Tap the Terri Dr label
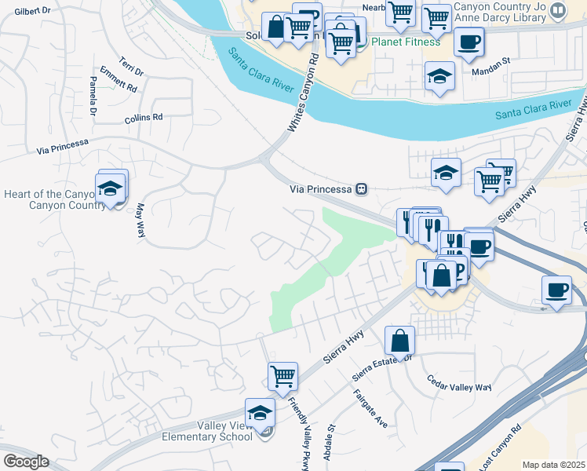click(x=131, y=66)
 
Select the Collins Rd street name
click(x=143, y=118)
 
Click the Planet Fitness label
click(x=406, y=42)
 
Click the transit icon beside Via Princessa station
click(x=362, y=188)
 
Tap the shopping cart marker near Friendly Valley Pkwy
click(x=283, y=375)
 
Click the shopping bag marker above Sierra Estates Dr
click(x=399, y=341)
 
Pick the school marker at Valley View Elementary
click(x=260, y=412)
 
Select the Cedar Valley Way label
click(x=459, y=386)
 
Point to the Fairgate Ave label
click(x=370, y=408)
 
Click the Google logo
click(x=26, y=462)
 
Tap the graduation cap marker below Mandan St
click(x=439, y=77)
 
